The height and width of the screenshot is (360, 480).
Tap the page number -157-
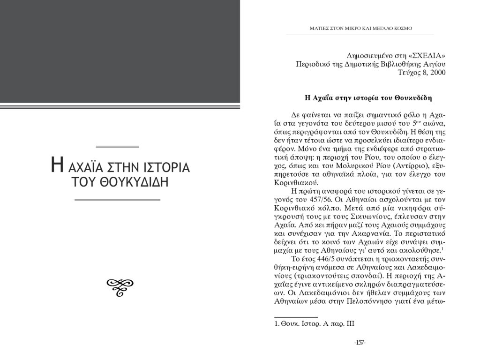(x=360, y=343)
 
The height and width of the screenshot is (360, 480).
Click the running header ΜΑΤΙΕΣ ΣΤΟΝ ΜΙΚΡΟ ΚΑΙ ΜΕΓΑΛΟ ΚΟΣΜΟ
(x=361, y=29)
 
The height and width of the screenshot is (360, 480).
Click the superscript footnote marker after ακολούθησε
(x=443, y=248)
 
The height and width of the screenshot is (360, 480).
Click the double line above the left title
(x=120, y=147)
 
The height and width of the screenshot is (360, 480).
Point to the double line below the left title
(x=118, y=200)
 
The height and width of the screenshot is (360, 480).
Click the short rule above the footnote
(x=295, y=317)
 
